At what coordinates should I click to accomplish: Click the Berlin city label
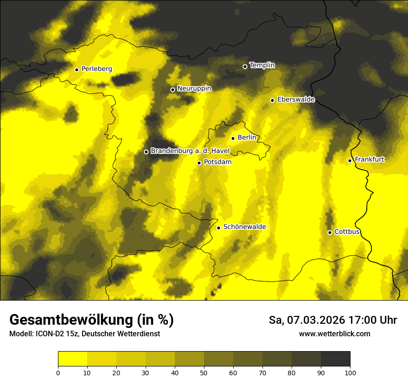pyautogui.click(x=247, y=138)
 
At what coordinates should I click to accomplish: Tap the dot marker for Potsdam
pyautogui.click(x=199, y=163)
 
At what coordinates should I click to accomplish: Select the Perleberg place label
pyautogui.click(x=96, y=69)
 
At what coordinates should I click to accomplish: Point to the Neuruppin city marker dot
pyautogui.click(x=172, y=90)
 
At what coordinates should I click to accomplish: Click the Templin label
pyautogui.click(x=262, y=65)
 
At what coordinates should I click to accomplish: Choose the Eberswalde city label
pyautogui.click(x=296, y=100)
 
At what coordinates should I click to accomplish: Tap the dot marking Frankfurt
pyautogui.click(x=350, y=160)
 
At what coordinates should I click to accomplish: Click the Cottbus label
pyautogui.click(x=347, y=232)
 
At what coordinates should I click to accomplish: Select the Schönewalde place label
pyautogui.click(x=244, y=227)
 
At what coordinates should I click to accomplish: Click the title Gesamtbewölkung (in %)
pyautogui.click(x=91, y=320)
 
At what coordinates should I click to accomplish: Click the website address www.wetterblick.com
pyautogui.click(x=334, y=334)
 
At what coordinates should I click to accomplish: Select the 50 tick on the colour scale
pyautogui.click(x=204, y=372)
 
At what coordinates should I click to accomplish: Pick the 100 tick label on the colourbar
pyautogui.click(x=350, y=372)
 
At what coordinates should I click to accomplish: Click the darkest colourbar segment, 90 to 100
pyautogui.click(x=335, y=359)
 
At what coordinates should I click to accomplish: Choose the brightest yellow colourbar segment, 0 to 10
pyautogui.click(x=72, y=359)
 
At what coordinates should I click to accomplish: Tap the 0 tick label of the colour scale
pyautogui.click(x=58, y=372)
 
